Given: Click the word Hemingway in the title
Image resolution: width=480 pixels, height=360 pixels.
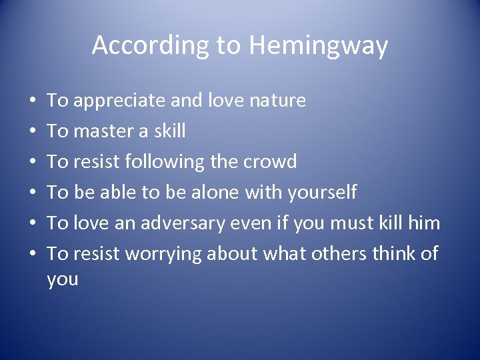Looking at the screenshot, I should [318, 45].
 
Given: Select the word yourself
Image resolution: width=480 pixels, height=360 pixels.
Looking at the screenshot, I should [322, 193].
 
